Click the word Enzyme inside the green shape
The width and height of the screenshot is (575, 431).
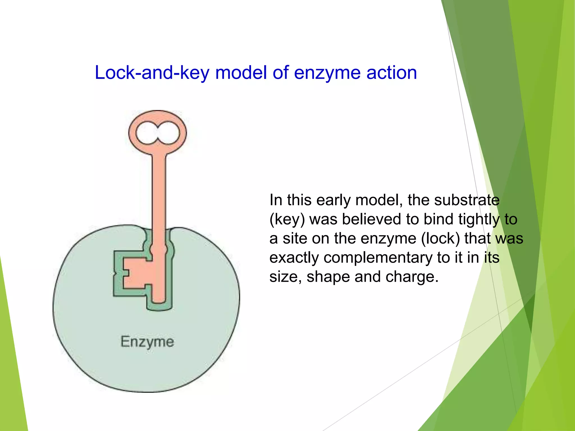coord(147,342)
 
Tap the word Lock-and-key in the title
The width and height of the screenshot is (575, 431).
coord(152,73)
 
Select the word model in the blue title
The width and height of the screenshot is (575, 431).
coord(241,73)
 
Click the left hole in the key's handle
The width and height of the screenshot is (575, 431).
coord(146,133)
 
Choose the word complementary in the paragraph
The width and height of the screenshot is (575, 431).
coord(378,258)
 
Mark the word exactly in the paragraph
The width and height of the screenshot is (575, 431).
coord(294,258)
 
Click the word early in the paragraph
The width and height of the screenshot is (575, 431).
coord(334,200)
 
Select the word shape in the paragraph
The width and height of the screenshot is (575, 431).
coord(328,277)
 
